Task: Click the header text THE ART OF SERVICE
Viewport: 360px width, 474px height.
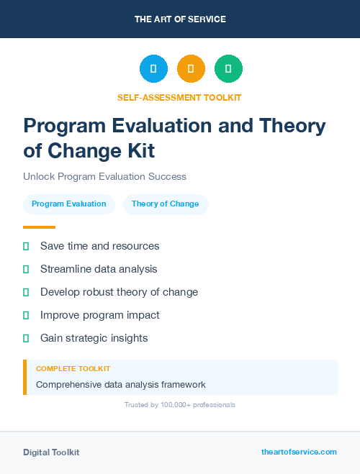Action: [180, 19]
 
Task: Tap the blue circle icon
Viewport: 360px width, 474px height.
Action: [153, 69]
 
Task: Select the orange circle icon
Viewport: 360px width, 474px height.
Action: [191, 69]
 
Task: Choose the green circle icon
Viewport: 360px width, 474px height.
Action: [228, 69]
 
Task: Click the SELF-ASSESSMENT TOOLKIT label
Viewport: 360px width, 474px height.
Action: [179, 97]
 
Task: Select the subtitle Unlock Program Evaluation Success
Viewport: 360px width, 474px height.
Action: [104, 176]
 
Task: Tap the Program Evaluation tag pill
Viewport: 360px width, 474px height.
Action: [69, 204]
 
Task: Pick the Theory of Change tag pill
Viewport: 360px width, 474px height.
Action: [165, 204]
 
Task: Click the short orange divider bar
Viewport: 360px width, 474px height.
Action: [39, 227]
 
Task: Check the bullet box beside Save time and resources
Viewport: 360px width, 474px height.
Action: [26, 246]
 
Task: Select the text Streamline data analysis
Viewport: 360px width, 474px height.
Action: [99, 269]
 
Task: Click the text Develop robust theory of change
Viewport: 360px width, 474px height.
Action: [119, 292]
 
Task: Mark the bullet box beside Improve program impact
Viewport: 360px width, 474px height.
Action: [26, 315]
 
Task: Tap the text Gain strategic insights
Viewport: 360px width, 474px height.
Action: [94, 338]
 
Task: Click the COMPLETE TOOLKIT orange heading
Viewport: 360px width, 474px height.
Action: [73, 368]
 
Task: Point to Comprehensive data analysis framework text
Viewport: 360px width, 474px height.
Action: [121, 385]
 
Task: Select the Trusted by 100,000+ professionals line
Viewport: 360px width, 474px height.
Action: [180, 405]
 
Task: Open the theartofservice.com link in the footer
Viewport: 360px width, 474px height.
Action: [299, 452]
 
